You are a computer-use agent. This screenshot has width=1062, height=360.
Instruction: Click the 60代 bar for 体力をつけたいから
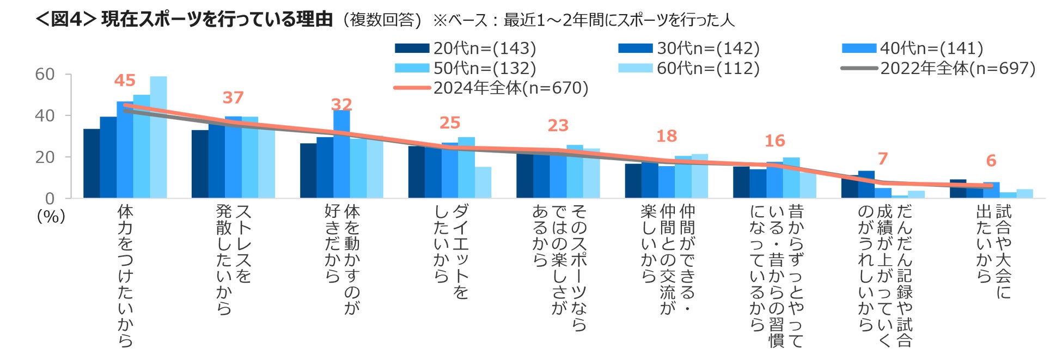pyautogui.click(x=158, y=137)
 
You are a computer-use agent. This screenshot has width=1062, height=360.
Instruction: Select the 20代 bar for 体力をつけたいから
pyautogui.click(x=91, y=163)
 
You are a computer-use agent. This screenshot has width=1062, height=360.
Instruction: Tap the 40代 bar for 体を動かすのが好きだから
pyautogui.click(x=341, y=154)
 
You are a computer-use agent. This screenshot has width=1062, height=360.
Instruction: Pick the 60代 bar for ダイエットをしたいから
pyautogui.click(x=483, y=182)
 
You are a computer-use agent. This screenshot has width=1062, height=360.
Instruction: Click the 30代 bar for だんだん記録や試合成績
pyautogui.click(x=866, y=185)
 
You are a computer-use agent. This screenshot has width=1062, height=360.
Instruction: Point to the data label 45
pyautogui.click(x=125, y=81)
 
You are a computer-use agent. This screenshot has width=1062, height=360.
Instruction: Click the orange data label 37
pyautogui.click(x=233, y=97)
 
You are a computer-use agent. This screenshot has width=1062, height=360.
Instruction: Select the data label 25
pyautogui.click(x=450, y=123)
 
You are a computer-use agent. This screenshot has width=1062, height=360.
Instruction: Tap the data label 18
pyautogui.click(x=667, y=136)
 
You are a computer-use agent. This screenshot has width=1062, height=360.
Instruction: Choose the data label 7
pyautogui.click(x=883, y=158)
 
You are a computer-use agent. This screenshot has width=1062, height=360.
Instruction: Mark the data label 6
pyautogui.click(x=991, y=161)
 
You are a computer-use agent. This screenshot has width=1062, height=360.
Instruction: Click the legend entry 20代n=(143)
pyautogui.click(x=466, y=48)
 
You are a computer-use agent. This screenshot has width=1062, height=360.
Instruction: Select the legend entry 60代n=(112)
pyautogui.click(x=689, y=68)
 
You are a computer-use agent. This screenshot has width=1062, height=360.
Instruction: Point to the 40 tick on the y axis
pyautogui.click(x=45, y=115)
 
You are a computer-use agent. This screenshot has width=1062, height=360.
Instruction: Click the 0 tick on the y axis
pyautogui.click(x=50, y=198)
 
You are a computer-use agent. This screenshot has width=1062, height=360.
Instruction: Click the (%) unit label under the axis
pyautogui.click(x=51, y=216)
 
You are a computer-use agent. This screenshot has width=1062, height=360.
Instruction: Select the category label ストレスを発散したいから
pyautogui.click(x=234, y=259)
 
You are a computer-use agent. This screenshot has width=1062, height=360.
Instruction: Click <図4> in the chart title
pyautogui.click(x=66, y=19)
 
